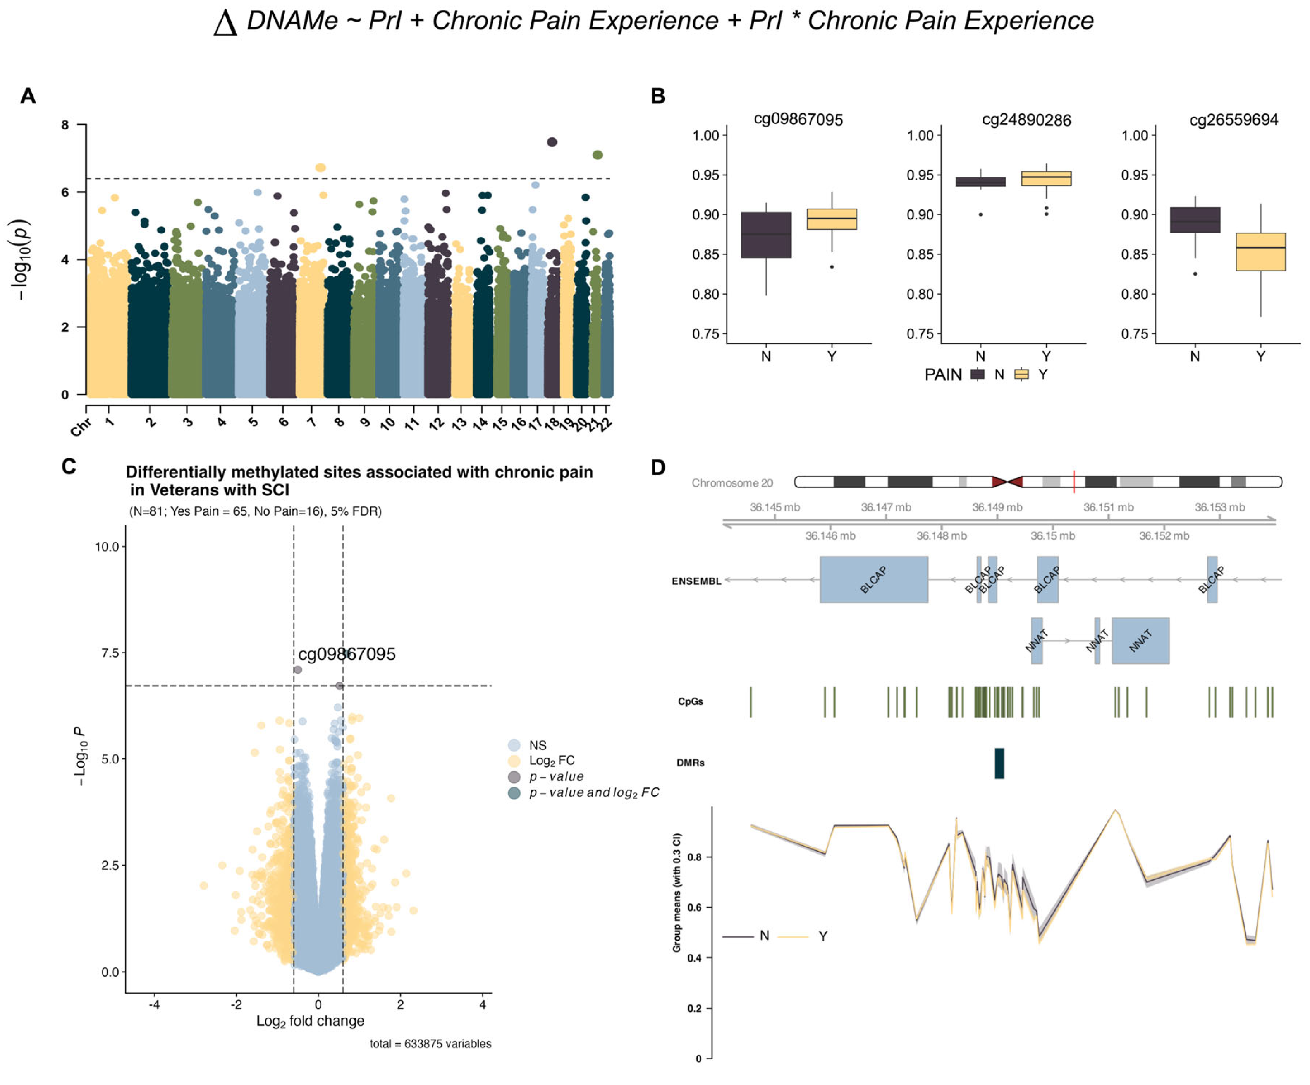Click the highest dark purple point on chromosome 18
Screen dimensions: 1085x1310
[552, 142]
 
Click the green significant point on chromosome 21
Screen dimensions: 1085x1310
[598, 155]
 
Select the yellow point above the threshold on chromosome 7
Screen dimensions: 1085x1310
[321, 168]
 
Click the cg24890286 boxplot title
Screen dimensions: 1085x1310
[1026, 120]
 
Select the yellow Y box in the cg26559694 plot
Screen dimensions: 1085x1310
[1261, 252]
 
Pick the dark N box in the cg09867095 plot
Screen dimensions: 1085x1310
[766, 235]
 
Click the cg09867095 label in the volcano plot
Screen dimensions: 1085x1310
[347, 654]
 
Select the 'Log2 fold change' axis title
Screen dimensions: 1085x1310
[310, 1021]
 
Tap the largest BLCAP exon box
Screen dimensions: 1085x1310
[873, 579]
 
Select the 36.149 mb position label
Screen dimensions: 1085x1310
[997, 507]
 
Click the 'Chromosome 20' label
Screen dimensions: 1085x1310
[732, 483]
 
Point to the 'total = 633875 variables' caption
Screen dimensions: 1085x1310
[430, 1044]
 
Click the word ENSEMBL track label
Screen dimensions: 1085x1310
[696, 581]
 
